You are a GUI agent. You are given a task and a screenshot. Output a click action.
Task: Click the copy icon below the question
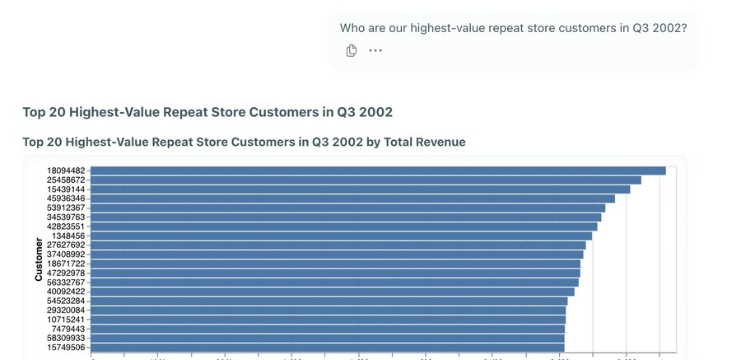tap(352, 51)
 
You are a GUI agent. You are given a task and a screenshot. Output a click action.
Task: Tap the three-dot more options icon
tap(375, 51)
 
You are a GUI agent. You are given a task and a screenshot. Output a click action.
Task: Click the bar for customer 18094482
tap(379, 171)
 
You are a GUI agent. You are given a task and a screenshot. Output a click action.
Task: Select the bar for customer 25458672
tap(366, 180)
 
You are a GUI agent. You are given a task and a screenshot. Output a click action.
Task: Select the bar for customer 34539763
tap(347, 217)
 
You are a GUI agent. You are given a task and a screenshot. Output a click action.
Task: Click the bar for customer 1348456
tap(342, 236)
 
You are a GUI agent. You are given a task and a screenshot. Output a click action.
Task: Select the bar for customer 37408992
tap(338, 255)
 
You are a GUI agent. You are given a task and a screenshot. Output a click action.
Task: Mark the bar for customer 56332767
tap(335, 283)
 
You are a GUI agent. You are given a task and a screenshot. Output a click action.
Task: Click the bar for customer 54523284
tap(329, 301)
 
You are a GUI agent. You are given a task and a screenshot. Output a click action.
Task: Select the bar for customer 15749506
tap(328, 348)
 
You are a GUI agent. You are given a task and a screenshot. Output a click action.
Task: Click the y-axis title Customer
tap(39, 260)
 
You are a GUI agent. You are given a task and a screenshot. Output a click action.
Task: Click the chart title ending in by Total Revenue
tap(244, 142)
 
